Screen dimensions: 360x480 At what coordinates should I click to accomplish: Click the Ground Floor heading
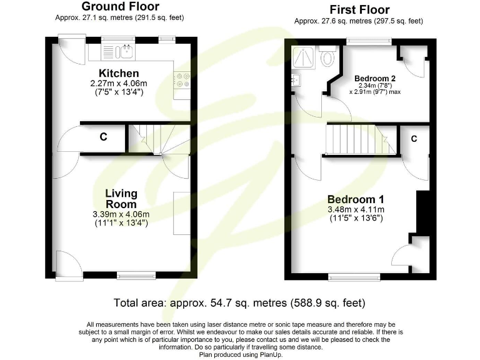[120, 7]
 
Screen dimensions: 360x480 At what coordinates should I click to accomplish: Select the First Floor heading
[359, 9]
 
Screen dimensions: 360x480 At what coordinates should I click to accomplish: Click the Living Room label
[121, 199]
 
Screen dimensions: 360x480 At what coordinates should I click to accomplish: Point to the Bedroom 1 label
[356, 199]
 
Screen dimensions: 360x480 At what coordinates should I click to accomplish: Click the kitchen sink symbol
[127, 50]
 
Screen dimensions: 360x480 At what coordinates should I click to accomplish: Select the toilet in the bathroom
[327, 57]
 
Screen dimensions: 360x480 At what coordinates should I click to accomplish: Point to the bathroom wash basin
[295, 80]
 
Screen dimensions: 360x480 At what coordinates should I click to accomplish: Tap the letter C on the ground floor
[103, 137]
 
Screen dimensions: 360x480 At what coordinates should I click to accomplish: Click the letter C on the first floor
[414, 139]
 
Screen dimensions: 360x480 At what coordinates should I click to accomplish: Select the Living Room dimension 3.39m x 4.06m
[121, 214]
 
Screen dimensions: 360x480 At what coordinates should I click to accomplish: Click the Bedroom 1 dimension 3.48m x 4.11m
[356, 209]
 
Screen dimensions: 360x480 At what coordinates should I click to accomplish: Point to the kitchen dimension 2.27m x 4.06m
[117, 83]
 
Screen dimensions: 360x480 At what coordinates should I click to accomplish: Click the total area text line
[239, 303]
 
